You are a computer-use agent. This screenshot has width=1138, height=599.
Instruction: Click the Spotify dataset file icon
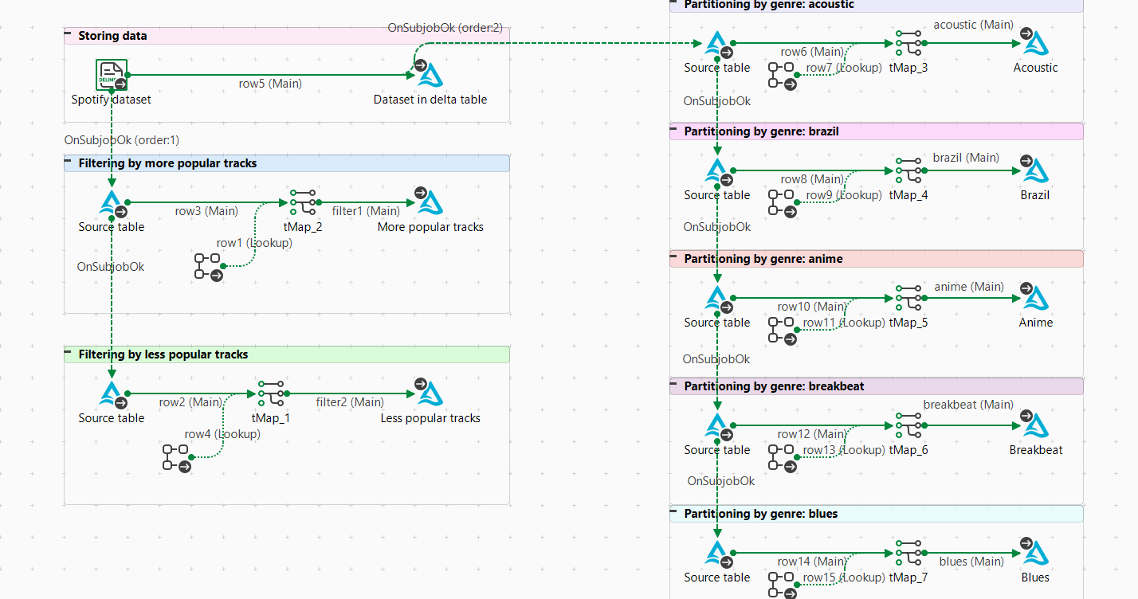click(x=112, y=75)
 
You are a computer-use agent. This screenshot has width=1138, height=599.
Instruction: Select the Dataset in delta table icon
click(x=430, y=75)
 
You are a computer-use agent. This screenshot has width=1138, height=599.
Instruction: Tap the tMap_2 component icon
click(x=303, y=202)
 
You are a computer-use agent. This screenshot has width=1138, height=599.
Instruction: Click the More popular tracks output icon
click(x=430, y=202)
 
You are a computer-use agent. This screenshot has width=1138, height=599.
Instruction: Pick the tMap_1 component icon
click(x=271, y=393)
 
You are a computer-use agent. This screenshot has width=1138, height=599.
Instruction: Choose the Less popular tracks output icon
click(x=430, y=393)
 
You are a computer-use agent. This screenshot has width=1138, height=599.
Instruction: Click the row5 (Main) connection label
click(x=270, y=83)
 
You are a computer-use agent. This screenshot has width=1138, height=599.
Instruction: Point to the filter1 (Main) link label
click(x=366, y=211)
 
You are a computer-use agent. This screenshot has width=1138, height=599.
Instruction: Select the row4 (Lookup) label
click(x=222, y=434)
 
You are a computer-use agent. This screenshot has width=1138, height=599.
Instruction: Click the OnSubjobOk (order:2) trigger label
click(x=445, y=28)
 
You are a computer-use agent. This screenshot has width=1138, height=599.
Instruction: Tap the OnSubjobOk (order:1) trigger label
click(x=122, y=140)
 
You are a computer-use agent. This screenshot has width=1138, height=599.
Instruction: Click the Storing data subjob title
click(x=112, y=36)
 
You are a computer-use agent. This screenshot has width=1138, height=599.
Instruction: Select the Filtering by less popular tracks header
click(x=163, y=354)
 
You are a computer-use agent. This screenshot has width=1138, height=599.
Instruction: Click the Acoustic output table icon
click(x=1035, y=43)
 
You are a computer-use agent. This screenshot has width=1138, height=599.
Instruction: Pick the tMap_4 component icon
click(x=908, y=170)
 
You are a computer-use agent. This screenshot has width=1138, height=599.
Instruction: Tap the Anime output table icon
click(x=1035, y=298)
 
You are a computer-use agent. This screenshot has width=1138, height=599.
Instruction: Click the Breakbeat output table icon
click(x=1035, y=425)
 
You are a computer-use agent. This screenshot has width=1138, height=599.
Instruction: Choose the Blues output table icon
click(x=1035, y=553)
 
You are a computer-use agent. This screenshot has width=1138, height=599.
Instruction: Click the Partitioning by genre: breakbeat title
click(x=774, y=386)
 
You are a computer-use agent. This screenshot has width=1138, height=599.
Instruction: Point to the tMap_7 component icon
click(x=908, y=553)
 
